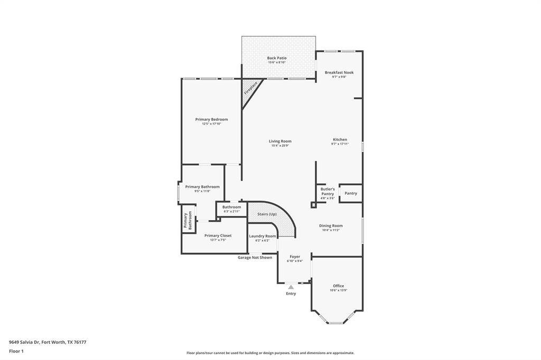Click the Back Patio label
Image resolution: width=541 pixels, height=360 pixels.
(276, 58)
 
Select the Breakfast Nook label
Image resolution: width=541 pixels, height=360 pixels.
(339, 72)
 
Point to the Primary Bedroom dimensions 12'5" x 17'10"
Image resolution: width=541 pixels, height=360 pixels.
(211, 124)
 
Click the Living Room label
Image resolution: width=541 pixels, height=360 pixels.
(280, 141)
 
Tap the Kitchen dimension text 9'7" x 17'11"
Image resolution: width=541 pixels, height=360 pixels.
(340, 144)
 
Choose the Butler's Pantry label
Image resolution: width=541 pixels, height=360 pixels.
(328, 192)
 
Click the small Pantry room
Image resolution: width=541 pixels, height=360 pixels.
(351, 193)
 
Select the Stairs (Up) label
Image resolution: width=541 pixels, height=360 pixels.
(267, 214)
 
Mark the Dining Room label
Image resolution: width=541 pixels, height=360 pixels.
(331, 225)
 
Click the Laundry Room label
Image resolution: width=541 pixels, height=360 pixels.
(263, 236)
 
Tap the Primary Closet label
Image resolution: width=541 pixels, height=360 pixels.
(218, 235)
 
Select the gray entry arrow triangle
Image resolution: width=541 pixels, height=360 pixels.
(291, 287)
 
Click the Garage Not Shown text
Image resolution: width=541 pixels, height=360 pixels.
(255, 258)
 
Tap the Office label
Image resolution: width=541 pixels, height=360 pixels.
(338, 286)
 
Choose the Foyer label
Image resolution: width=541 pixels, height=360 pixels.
(294, 257)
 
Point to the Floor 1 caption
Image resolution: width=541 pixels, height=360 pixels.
(16, 351)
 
